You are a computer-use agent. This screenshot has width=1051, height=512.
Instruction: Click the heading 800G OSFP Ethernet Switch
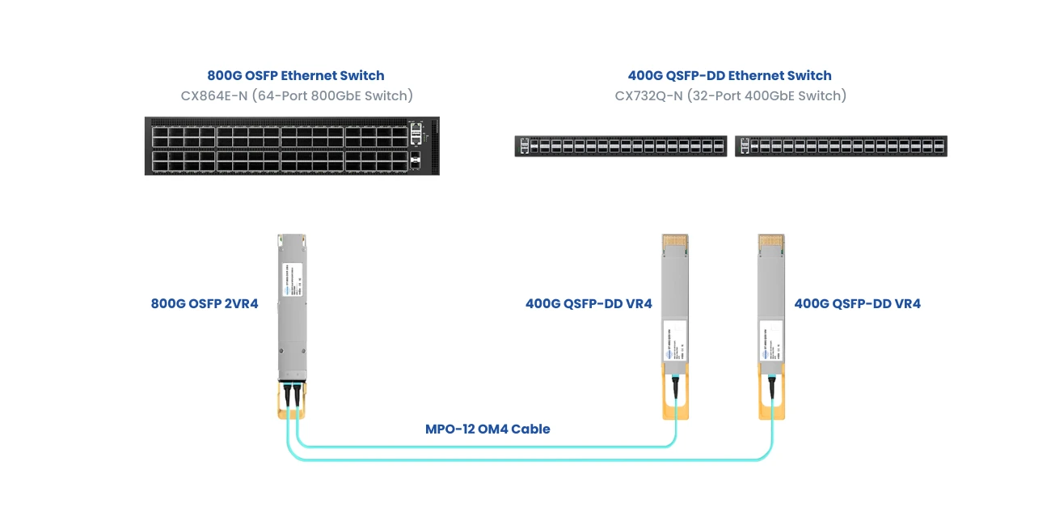(x=296, y=76)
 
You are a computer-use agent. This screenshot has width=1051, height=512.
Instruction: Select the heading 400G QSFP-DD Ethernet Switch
(x=729, y=76)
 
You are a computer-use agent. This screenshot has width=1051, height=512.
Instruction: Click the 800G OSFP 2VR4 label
(x=205, y=304)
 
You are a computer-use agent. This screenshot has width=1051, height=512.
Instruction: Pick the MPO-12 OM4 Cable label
(x=488, y=429)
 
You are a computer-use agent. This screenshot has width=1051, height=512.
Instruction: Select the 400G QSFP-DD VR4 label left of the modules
(x=589, y=304)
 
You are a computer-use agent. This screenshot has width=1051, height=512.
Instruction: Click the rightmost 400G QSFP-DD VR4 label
(x=857, y=304)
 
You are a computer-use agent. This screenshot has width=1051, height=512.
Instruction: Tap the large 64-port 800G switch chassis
(x=292, y=146)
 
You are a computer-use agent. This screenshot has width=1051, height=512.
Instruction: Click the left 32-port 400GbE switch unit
(x=621, y=146)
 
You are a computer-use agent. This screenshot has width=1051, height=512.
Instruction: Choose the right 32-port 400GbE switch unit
(x=841, y=146)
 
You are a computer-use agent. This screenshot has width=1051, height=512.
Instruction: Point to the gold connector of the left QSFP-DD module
(x=675, y=242)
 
